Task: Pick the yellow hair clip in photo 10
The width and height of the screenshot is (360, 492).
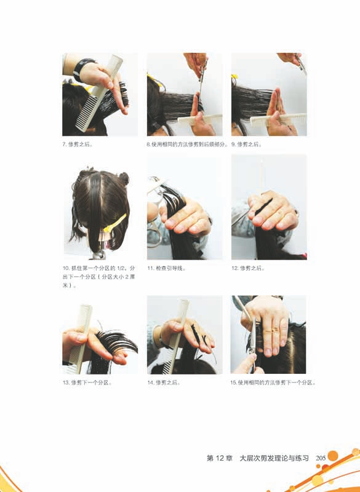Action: tap(115, 223)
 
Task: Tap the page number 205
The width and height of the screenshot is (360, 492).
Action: tap(320, 458)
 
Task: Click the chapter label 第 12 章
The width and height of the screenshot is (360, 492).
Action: tap(219, 458)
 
